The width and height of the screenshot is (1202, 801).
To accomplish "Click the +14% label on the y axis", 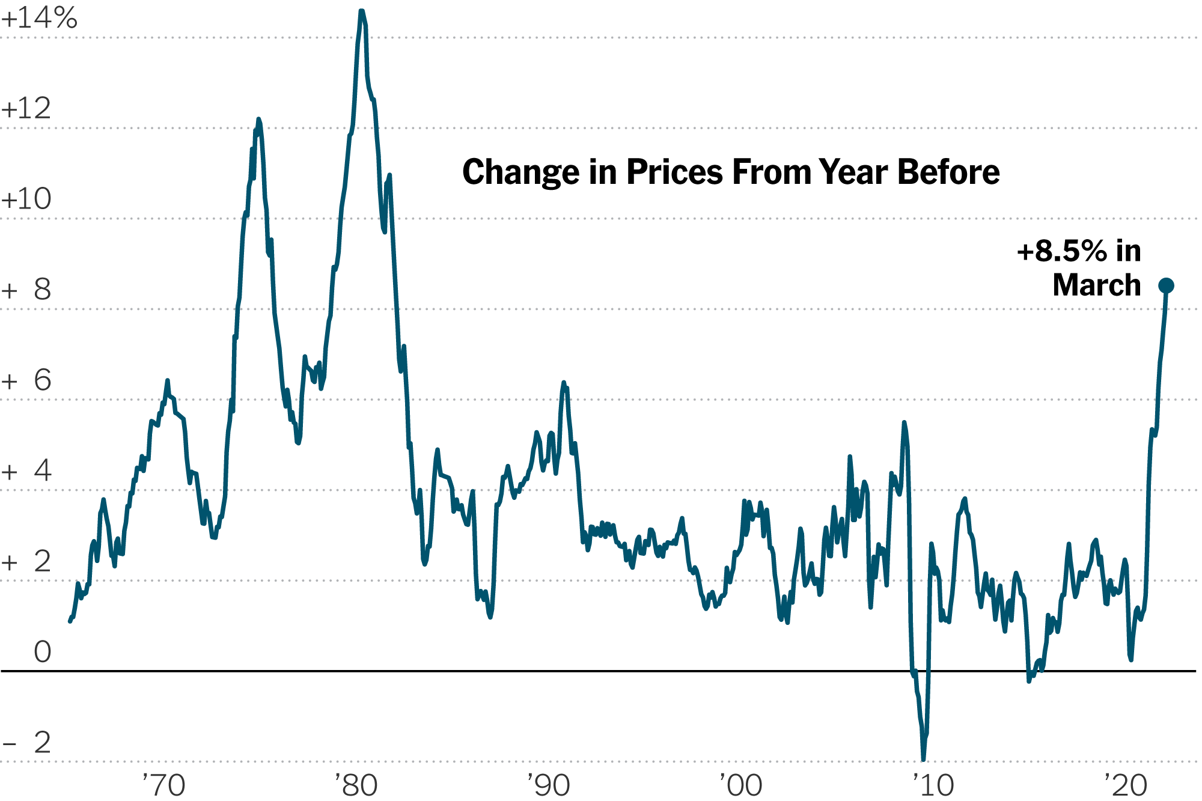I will coord(39,18).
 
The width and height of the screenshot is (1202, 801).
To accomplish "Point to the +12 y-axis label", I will coord(26,109).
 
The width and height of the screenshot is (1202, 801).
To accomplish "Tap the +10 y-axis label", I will coord(26,199).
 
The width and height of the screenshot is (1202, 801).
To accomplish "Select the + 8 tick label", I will coord(26,290).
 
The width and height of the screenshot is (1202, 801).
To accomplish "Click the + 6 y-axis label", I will coord(26,380).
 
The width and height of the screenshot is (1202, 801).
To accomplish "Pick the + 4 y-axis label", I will coord(26,471).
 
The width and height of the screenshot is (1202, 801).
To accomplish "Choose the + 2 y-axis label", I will coord(26,562).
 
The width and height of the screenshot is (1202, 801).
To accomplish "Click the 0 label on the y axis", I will coord(42,652).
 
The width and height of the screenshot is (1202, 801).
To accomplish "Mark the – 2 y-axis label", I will coord(26,743).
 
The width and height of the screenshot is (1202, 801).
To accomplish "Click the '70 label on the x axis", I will coord(163,785).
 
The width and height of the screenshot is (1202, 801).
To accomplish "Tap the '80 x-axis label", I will coord(356,785).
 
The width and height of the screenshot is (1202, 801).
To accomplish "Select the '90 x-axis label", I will coord(549,785).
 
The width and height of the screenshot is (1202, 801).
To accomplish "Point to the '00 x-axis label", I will coord(741,785).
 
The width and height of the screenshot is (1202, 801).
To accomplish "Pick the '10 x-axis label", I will coord(933,785).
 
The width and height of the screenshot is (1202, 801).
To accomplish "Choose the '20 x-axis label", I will coord(1126,785).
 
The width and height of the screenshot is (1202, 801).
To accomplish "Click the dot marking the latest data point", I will coord(1167,285).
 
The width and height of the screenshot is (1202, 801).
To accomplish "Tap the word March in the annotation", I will coord(1097,285).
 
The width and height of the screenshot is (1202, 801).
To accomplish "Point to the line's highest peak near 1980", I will coord(362,11).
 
